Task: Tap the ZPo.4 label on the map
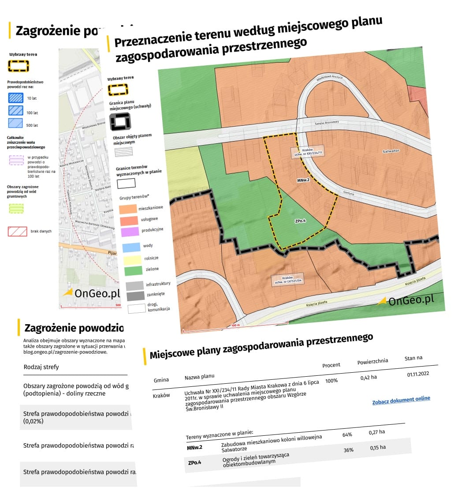[300, 221]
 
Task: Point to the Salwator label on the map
[391, 151]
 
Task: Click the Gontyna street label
[349, 193]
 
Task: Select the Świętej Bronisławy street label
[327, 123]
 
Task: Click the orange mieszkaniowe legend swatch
[128, 209]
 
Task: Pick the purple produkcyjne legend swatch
[130, 231]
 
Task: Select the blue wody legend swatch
[131, 248]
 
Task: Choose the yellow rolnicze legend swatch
[132, 260]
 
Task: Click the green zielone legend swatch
[133, 271]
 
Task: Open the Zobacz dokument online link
[401, 400]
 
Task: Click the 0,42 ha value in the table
[369, 378]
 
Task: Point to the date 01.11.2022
[418, 374]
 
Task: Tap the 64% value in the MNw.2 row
[347, 435]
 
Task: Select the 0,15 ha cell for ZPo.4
[378, 448]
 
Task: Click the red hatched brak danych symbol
[17, 231]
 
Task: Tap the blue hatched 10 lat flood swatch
[16, 97]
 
